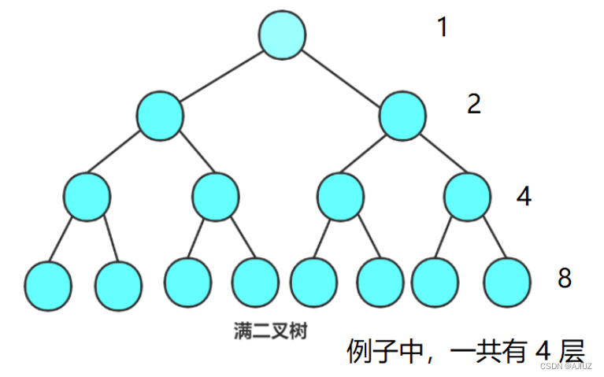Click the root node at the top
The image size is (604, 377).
click(282, 35)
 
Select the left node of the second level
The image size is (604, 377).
click(160, 116)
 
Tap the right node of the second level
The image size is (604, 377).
click(402, 116)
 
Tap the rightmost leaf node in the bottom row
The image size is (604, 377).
click(506, 283)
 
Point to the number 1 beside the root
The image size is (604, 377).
click(443, 28)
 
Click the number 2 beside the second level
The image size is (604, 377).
click(473, 104)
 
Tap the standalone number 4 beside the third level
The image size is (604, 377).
click(524, 196)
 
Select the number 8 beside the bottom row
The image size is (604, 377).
click(564, 278)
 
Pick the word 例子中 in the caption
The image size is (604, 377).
click(383, 351)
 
